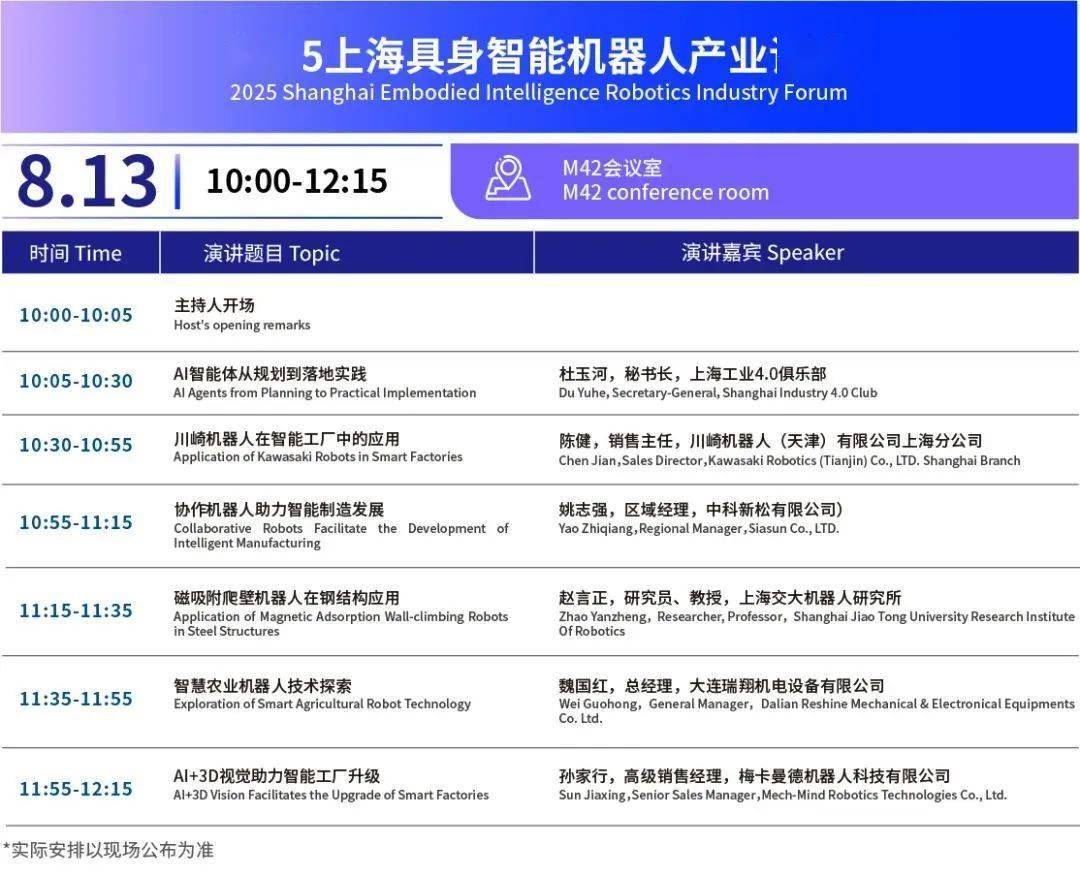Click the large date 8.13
pos(87,181)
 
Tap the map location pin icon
pos(508,178)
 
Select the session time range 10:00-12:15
pos(297,181)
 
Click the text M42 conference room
pos(665,192)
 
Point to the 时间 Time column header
pos(76,253)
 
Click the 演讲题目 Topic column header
pos(272,253)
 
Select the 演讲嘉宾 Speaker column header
pos(762,253)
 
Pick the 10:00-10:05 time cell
pos(76,315)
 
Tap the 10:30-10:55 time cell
pos(76,445)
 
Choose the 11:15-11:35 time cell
pos(76,611)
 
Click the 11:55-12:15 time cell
pos(76,789)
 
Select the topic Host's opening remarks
pos(242,325)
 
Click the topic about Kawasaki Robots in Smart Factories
pos(318,457)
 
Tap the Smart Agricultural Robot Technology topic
pos(322,704)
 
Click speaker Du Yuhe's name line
pos(717,393)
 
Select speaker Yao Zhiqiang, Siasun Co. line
pos(698,528)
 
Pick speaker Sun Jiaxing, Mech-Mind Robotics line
pos(782,795)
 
